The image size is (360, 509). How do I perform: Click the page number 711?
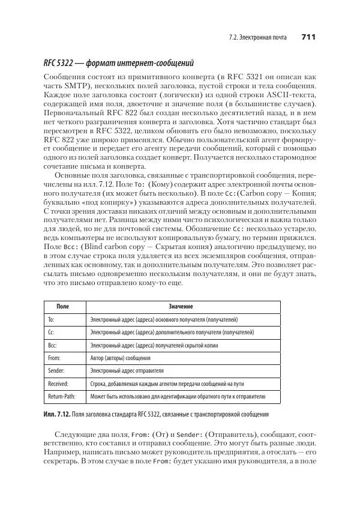coord(308,37)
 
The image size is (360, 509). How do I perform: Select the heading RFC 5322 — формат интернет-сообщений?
coord(119,64)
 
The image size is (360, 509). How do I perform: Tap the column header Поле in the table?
coord(63,307)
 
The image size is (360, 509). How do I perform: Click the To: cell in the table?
coord(51,319)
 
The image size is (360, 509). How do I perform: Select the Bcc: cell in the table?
coord(52,345)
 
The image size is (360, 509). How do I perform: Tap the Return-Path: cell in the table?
coord(62,397)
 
